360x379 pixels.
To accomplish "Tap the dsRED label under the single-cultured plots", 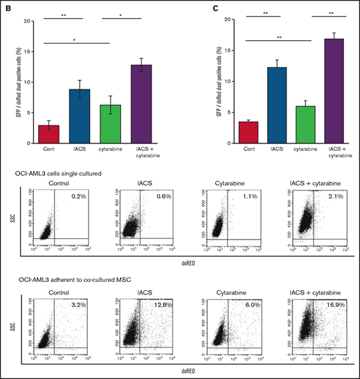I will tap(184, 265).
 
